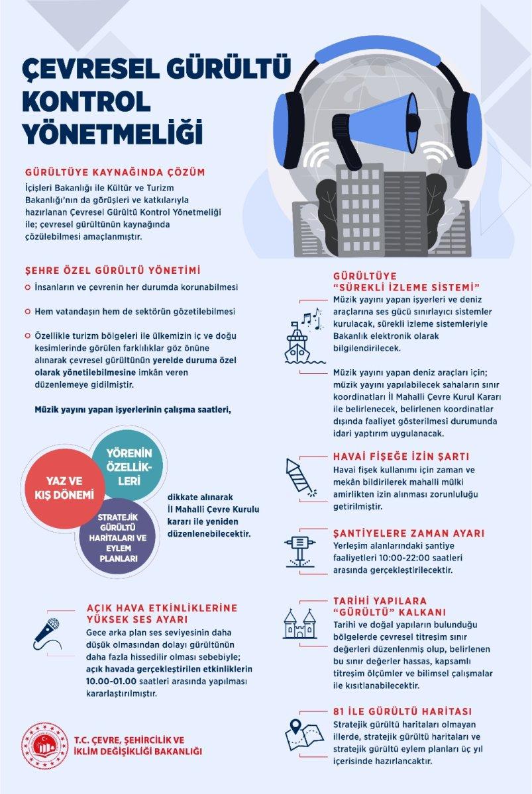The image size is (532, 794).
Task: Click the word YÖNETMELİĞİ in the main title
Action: pyautogui.click(x=112, y=130)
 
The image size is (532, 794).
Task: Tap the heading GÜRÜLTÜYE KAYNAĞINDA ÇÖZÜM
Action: pyautogui.click(x=114, y=172)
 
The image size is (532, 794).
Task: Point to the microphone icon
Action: pyautogui.click(x=47, y=634)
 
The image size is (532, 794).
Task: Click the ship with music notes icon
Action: pyautogui.click(x=303, y=337)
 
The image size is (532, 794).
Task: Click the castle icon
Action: pyautogui.click(x=300, y=625)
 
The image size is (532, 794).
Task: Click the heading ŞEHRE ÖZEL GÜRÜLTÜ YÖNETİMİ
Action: pyautogui.click(x=113, y=271)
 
